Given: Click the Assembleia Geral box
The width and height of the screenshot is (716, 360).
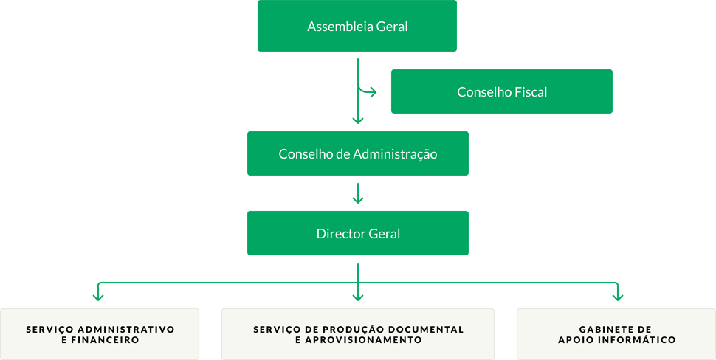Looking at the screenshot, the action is pos(357,26).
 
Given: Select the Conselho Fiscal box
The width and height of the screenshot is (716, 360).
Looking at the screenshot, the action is pos(502,91).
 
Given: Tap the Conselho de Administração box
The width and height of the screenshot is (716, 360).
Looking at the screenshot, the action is pos(358,153).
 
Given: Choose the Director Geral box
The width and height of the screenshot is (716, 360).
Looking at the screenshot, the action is pos(358,233).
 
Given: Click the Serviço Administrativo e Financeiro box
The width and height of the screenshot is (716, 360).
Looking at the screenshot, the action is pos(100,334).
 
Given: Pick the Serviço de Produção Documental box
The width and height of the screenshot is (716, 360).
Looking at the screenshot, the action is pos(358,334).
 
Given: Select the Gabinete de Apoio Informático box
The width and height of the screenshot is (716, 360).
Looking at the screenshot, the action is pos(616,334).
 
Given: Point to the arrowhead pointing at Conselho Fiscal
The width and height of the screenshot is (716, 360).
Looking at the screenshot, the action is pos(373,92).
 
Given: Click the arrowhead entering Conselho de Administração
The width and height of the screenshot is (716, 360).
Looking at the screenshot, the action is pos(358,120).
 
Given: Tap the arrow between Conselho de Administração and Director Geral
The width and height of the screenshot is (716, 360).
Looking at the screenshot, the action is pos(358,193).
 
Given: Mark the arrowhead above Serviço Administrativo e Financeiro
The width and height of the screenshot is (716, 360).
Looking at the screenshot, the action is pos(98,297).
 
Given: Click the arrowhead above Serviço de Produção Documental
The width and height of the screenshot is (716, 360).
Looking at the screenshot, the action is pos(358,297).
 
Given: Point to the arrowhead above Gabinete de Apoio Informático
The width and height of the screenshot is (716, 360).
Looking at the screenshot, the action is pos(618,297).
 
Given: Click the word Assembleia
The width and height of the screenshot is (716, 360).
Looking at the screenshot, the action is pos(340,26).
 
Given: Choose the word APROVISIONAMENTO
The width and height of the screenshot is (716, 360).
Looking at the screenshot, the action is pos(363,340).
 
